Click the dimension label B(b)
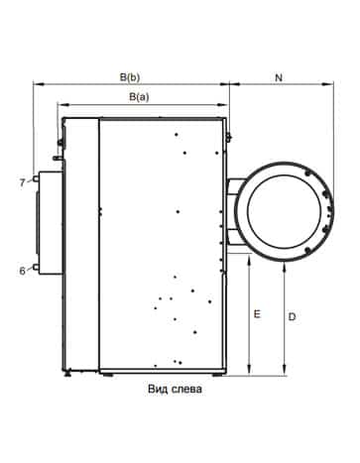[130, 77]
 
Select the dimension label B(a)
[139, 97]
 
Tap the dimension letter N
[279, 77]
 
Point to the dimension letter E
[257, 313]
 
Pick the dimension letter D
[292, 316]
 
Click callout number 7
[22, 182]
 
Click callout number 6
[22, 271]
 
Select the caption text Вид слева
[175, 389]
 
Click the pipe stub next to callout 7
[35, 178]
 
